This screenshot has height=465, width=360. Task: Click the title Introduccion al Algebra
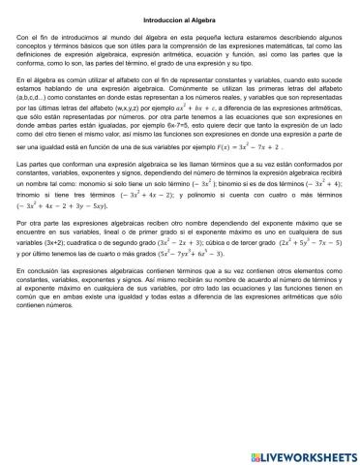179,18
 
